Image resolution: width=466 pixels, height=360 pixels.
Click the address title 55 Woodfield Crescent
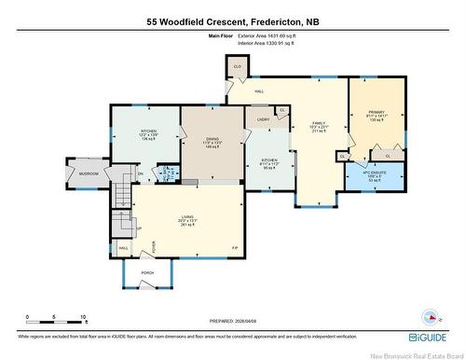click(232, 21)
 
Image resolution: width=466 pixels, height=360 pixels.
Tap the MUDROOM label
click(89, 173)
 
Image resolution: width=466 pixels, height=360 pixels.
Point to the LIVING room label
click(186, 220)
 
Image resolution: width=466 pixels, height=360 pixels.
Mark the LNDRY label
click(262, 119)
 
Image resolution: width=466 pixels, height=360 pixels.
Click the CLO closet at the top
click(238, 67)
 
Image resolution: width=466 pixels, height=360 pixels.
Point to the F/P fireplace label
click(234, 247)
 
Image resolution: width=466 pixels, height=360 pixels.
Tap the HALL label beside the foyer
click(123, 248)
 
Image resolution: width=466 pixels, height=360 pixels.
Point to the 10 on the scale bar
click(83, 317)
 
